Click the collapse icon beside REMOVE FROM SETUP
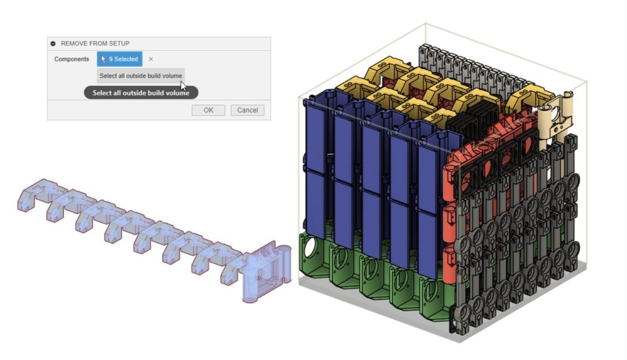coord(53,43)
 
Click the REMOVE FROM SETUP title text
coord(95,43)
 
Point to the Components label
coord(72,59)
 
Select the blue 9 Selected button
coord(119,59)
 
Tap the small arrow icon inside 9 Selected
coord(103,59)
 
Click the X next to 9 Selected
coord(151,59)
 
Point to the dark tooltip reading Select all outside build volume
coord(141,93)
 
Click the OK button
coord(208,110)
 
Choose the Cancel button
coord(247,110)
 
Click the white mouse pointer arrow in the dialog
coord(183,86)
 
